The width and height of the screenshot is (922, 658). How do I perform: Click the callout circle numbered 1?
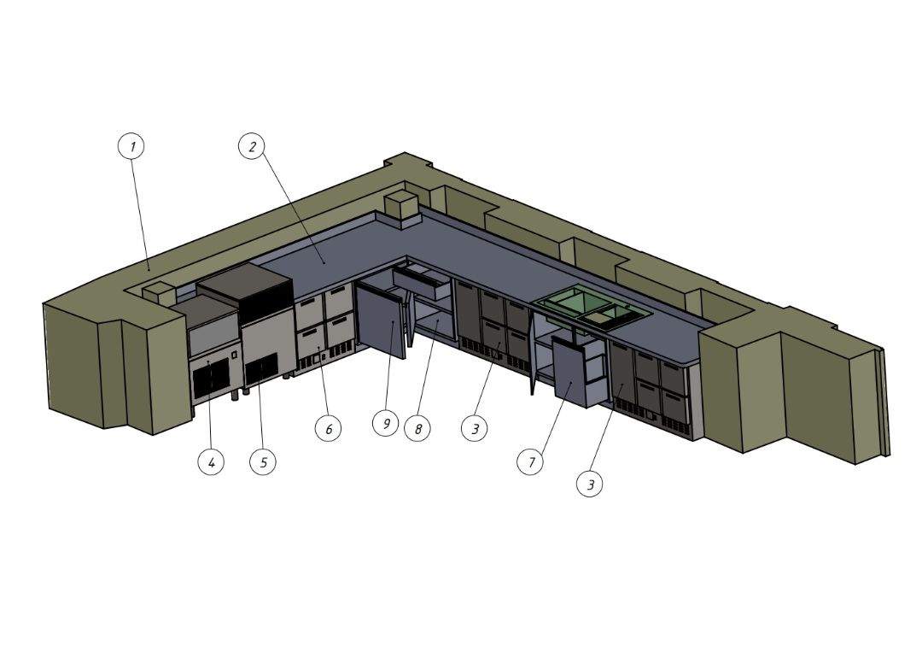coord(131,146)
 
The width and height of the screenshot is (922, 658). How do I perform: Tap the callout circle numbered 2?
coord(252,146)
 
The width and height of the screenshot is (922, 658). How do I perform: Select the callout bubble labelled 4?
coord(211,462)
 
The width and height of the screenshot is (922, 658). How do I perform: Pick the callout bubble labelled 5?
coord(263,462)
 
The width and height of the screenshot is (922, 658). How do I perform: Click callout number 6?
coord(328,428)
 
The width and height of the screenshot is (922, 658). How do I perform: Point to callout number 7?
coord(531,462)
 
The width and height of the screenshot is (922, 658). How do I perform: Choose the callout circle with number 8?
coord(417,428)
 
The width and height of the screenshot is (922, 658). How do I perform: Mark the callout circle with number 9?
coord(386,423)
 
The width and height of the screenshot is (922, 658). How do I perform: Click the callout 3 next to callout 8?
coord(476,428)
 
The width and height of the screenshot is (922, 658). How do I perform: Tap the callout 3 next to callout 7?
coord(591,484)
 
